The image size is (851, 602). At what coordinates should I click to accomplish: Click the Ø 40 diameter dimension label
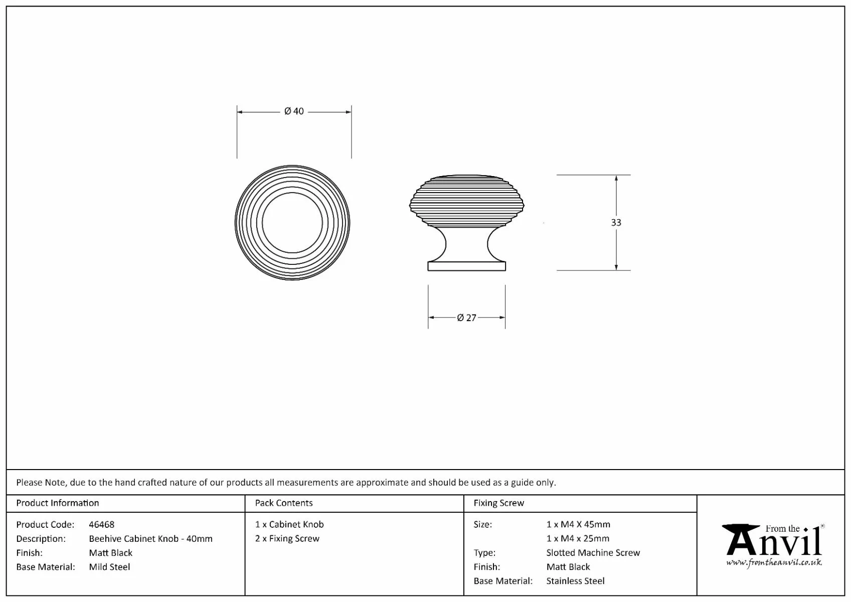[294, 111]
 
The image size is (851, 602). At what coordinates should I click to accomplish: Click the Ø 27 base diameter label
[466, 318]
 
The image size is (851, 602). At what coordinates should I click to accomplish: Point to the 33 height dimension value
[616, 222]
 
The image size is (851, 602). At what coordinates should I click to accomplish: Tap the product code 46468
[101, 525]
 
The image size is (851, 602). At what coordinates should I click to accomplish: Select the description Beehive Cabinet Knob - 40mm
[150, 539]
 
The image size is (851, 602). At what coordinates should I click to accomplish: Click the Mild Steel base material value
[109, 567]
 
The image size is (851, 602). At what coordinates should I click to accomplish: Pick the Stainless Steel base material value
[575, 581]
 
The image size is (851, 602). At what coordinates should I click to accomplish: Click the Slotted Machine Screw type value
[593, 553]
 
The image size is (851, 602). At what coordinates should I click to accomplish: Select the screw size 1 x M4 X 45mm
[578, 525]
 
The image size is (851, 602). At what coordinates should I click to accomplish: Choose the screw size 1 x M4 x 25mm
[578, 539]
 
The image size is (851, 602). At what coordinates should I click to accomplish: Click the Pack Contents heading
[283, 503]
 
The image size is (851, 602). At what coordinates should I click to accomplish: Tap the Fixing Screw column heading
[498, 503]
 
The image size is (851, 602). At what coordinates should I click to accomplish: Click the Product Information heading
[58, 503]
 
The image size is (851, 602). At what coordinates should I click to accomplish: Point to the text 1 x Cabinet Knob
[289, 525]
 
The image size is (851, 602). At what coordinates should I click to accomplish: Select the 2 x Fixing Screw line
[287, 539]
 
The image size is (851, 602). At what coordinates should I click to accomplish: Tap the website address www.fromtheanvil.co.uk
[774, 562]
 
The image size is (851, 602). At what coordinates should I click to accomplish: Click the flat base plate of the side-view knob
[466, 266]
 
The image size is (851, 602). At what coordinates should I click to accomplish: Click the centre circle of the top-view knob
[292, 223]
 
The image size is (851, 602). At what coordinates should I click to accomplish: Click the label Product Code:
[45, 525]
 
